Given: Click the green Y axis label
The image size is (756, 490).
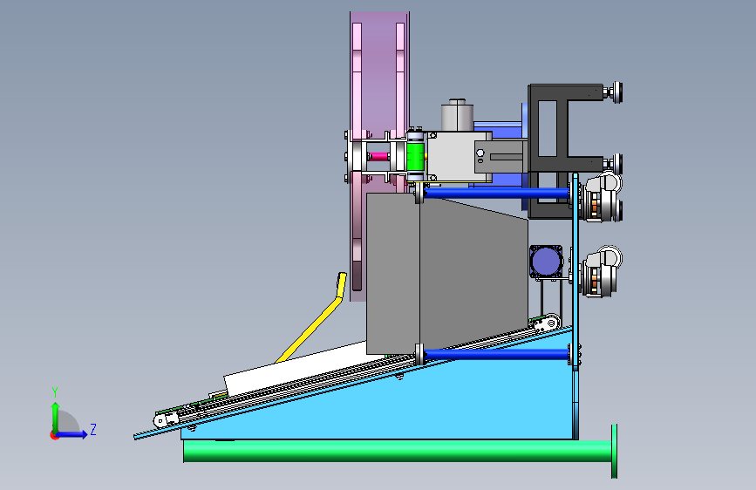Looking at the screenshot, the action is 55,392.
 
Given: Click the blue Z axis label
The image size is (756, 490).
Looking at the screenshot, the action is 93,429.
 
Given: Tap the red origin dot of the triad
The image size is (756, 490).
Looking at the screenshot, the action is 54,435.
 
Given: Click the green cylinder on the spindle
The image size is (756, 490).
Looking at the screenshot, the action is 414,156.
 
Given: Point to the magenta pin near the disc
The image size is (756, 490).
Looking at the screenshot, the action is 379,156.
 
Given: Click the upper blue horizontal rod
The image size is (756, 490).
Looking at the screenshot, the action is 497,194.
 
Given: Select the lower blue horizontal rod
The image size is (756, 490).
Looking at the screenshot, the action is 497,355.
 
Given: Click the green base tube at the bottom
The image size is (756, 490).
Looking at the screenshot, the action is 398,451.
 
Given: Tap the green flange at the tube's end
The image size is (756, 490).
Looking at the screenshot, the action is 614,452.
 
